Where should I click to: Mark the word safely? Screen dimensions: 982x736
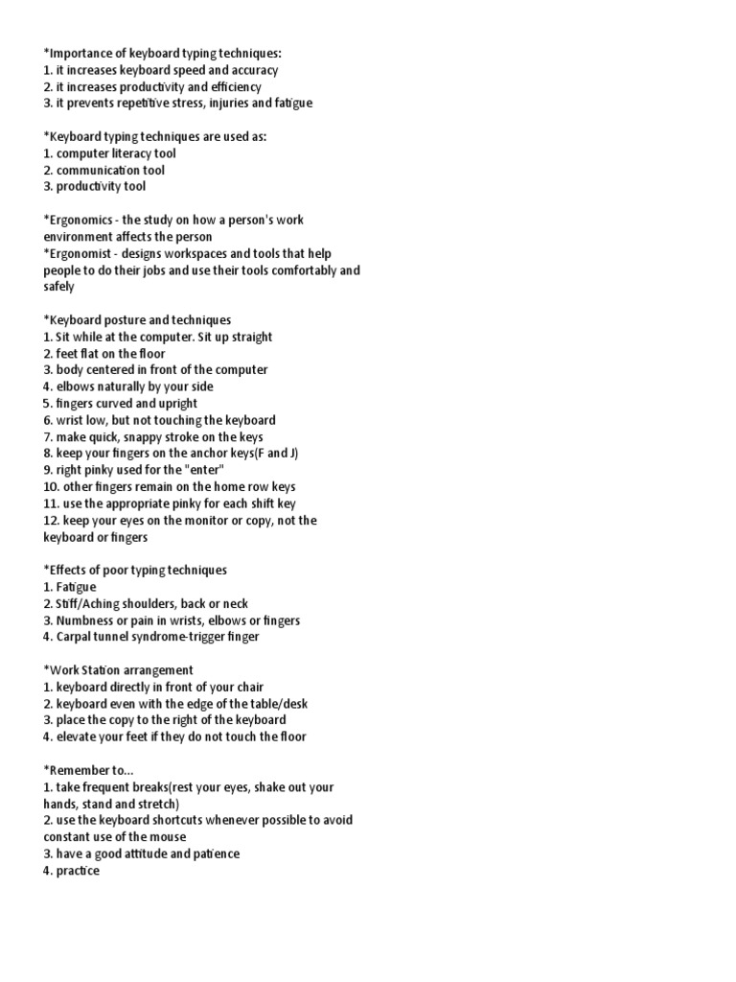(x=58, y=287)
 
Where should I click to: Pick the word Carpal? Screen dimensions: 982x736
(x=76, y=637)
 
